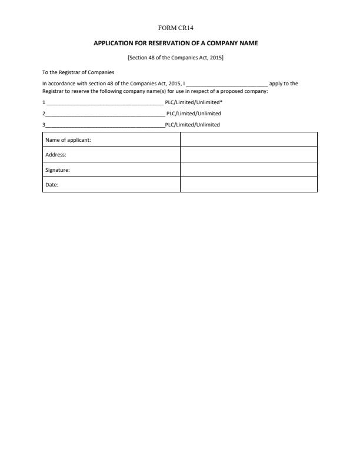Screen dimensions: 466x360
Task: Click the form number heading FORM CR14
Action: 180,28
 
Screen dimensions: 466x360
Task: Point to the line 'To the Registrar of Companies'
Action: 78,72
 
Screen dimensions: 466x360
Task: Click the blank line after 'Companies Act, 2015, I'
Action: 226,84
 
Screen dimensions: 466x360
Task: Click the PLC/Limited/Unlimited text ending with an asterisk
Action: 194,102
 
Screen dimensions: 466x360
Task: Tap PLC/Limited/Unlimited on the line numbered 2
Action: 194,113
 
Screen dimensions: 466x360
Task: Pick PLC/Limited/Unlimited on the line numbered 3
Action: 192,125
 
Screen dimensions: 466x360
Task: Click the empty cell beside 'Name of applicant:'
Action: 248,140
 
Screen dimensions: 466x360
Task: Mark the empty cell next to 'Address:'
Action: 248,155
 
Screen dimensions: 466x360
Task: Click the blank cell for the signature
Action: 248,170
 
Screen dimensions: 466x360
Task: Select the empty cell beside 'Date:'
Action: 248,185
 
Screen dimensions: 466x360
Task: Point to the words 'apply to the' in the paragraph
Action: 284,84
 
